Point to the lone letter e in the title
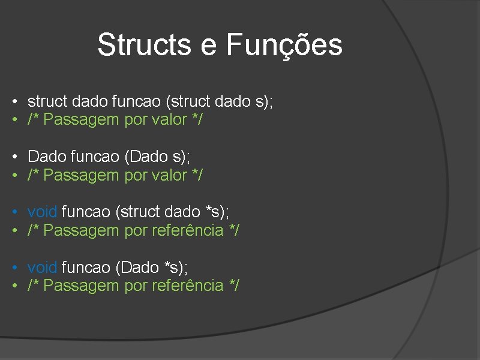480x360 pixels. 209,46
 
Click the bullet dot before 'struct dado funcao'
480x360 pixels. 13,101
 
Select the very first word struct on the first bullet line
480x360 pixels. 47,101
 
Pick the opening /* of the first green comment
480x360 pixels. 34,120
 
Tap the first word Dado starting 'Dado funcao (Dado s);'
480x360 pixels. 47,157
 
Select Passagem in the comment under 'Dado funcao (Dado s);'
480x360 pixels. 82,175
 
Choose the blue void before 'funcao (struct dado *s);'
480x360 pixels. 42,212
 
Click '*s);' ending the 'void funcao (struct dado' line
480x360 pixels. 217,212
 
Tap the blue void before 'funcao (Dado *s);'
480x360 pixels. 42,267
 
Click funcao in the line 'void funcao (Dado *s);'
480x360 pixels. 86,267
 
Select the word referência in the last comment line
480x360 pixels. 187,286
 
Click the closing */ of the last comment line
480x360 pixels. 233,286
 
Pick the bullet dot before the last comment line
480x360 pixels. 13,286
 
